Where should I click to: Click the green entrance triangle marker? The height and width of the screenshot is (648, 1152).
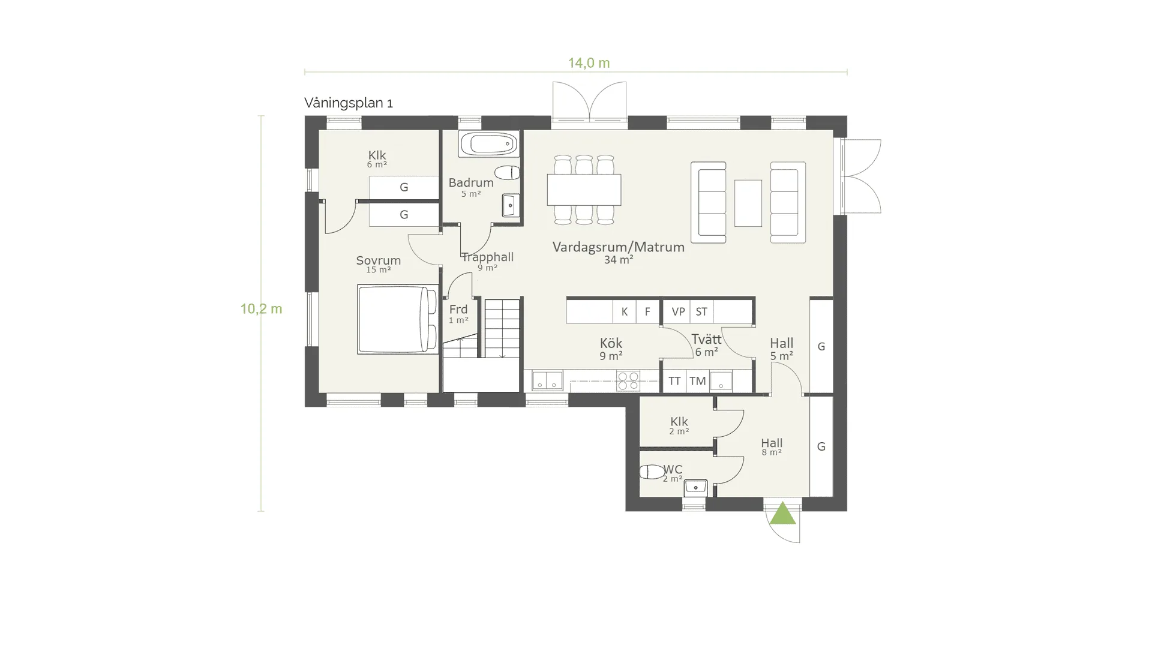782,514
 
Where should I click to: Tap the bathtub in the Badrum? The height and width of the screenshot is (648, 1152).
489,144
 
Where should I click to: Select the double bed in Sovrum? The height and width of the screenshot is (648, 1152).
398,319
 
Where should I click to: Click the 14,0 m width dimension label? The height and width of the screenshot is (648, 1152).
589,63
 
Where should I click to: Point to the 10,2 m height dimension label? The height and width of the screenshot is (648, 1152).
261,309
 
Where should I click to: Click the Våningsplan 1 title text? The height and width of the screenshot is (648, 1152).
349,103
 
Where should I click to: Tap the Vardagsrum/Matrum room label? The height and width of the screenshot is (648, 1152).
619,247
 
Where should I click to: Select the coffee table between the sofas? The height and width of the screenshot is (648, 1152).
748,203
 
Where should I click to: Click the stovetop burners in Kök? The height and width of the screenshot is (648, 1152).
628,381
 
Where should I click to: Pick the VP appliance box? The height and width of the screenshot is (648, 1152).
678,311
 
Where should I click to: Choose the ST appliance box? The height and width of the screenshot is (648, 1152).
701,311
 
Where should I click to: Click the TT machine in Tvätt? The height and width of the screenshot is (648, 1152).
674,381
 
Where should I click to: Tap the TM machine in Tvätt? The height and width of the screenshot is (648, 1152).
697,381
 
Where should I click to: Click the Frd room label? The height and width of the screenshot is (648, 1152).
458,309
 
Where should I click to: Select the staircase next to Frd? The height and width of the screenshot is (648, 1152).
502,329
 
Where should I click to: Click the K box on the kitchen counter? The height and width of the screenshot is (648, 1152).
625,311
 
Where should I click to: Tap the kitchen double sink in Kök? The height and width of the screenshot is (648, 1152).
547,380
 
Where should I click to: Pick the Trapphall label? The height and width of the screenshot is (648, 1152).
488,257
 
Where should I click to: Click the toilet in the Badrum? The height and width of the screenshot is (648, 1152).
507,173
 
